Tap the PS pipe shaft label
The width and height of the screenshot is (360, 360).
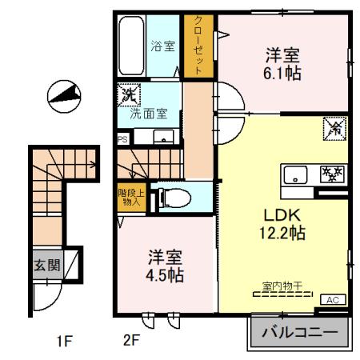[x=122, y=138]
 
